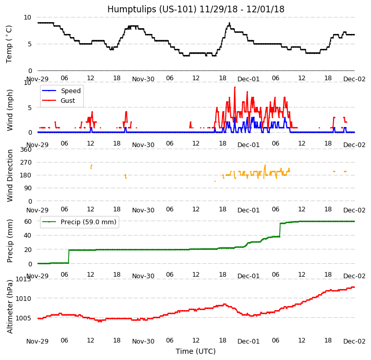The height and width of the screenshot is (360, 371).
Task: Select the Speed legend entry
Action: [x=70, y=91]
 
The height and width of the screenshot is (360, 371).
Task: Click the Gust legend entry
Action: [x=69, y=101]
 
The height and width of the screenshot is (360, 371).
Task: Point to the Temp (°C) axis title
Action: [x=9, y=44]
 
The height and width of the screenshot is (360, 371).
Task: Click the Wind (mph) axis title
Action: [x=10, y=110]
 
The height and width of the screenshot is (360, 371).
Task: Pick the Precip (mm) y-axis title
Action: [x=10, y=241]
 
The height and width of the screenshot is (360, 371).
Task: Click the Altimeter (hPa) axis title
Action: [x=10, y=306]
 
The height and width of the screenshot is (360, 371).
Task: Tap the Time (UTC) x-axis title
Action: [x=196, y=351]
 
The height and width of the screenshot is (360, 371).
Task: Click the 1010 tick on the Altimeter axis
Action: [x=23, y=298]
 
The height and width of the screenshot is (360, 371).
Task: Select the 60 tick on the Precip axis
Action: [x=28, y=221]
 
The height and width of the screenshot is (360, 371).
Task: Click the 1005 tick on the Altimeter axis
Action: [x=23, y=318]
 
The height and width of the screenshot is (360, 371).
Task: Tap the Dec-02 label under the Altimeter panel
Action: [x=355, y=341]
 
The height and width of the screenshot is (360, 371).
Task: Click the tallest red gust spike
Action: [x=235, y=87]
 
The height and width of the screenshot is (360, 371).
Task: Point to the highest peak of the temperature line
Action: [x=229, y=23]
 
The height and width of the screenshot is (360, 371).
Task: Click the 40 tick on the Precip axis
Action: [x=28, y=236]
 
